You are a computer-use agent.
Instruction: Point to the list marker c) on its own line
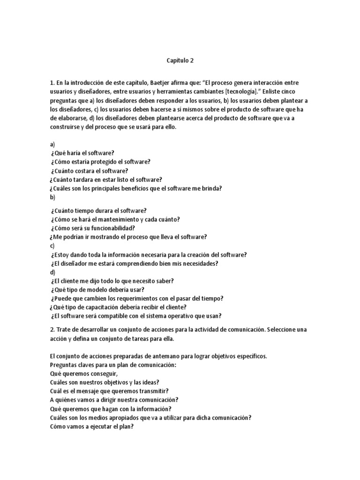52,246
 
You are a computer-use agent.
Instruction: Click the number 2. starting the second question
52,330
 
